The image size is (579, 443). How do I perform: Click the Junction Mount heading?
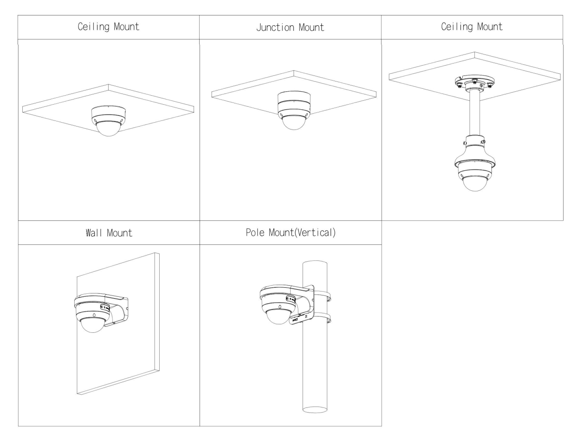(x=290, y=27)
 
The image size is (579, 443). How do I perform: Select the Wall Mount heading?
(x=109, y=233)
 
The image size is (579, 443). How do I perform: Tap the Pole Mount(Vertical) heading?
(x=291, y=232)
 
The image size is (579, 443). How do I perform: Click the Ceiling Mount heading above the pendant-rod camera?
(x=472, y=27)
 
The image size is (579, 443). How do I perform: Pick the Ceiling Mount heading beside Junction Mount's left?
(x=108, y=27)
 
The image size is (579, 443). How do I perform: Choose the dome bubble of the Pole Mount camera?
(x=278, y=316)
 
